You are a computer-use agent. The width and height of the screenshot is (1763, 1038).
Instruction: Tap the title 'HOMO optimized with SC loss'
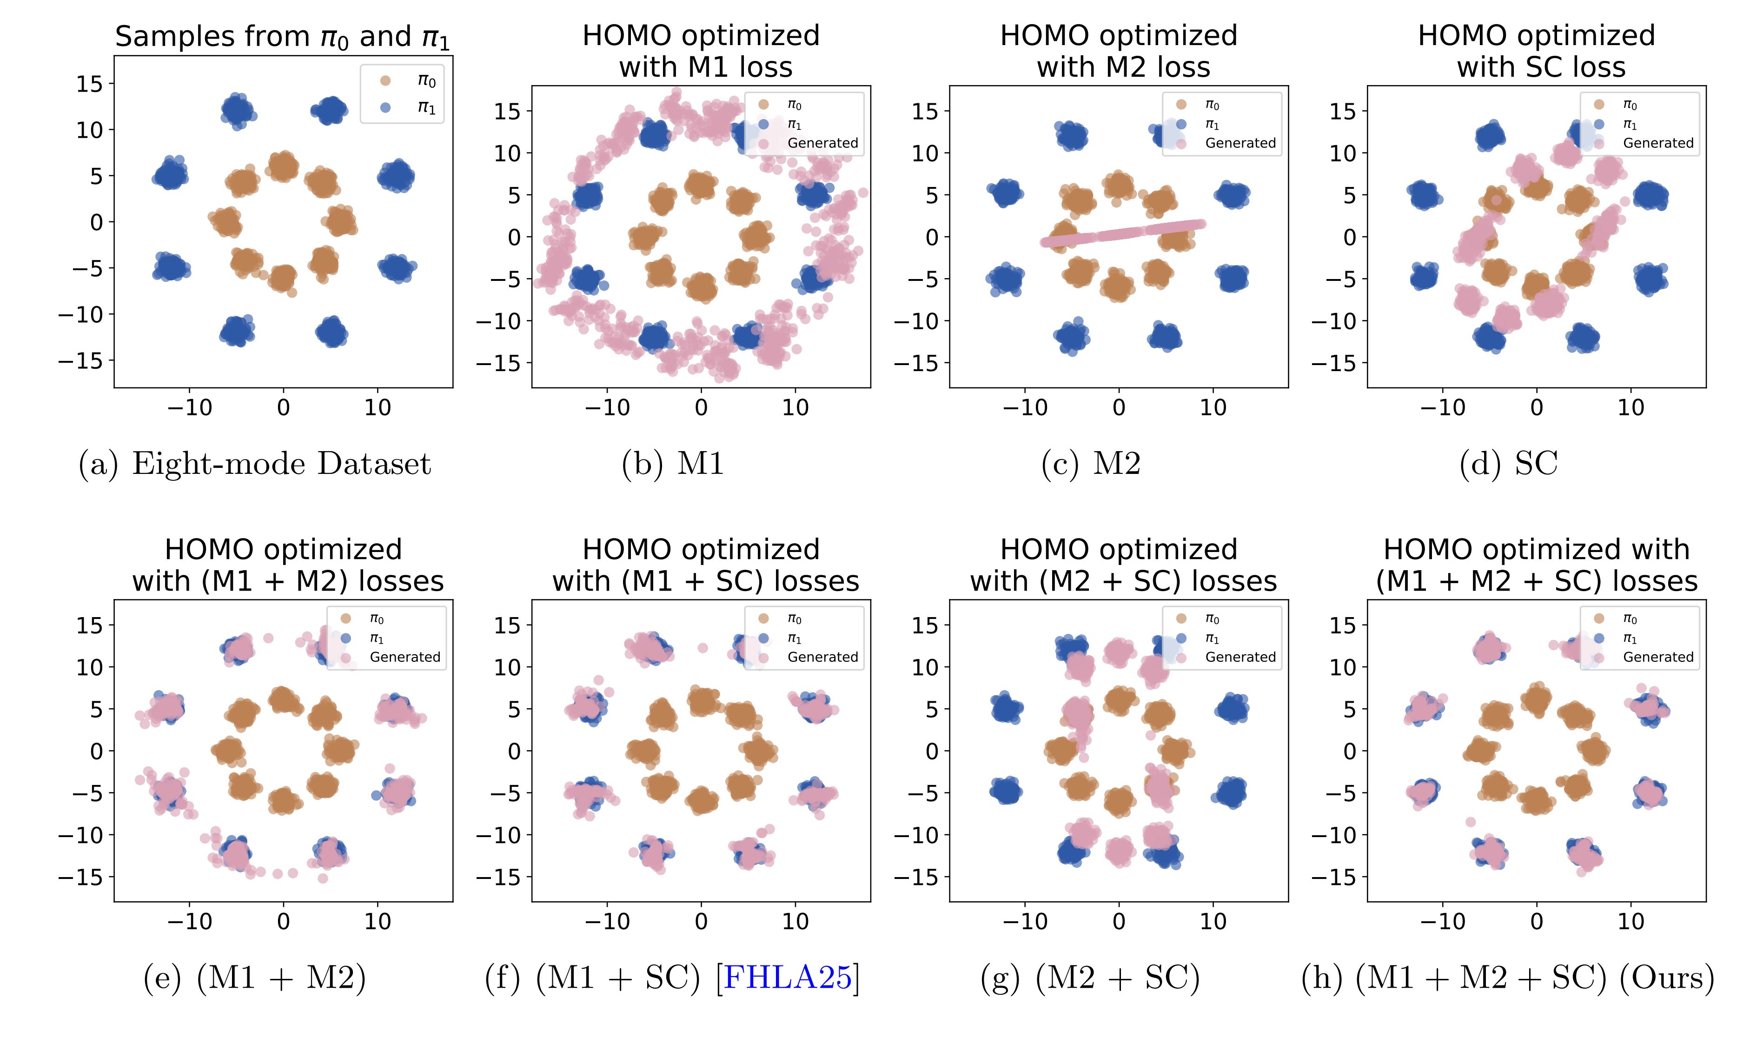[x=1536, y=51]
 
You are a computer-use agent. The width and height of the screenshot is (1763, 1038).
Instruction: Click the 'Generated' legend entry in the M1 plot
[x=822, y=143]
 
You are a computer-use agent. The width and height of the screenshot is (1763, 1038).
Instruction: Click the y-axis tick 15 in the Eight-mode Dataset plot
[x=90, y=84]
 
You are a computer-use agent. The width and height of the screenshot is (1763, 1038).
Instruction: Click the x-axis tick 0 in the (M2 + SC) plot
[x=1119, y=921]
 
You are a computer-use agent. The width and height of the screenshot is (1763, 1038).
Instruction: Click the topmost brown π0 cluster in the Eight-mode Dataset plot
[x=283, y=166]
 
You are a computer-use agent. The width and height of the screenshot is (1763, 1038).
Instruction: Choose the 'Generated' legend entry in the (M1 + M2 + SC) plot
[x=1657, y=657]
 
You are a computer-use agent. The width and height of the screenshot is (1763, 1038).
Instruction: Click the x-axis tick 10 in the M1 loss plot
[x=795, y=407]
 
